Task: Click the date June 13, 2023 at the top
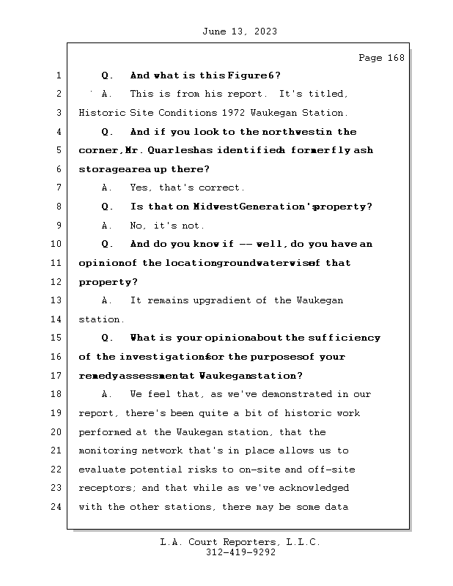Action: click(x=239, y=31)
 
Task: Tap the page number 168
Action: click(x=394, y=58)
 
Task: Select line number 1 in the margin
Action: click(x=58, y=75)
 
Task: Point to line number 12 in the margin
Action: click(x=56, y=282)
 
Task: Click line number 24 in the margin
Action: click(x=56, y=507)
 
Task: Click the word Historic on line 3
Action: click(x=101, y=113)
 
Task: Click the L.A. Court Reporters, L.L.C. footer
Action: click(x=240, y=543)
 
